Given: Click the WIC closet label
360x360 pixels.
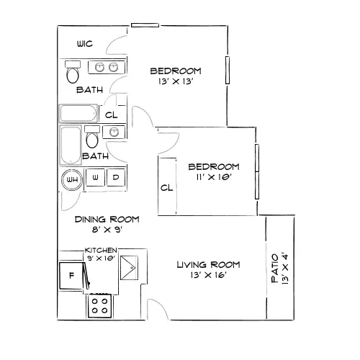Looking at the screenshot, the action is [85, 44].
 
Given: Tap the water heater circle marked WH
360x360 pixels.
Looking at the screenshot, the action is [72, 180].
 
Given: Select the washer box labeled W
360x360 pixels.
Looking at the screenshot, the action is [95, 177].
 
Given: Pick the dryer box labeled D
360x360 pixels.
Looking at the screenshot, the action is [116, 177].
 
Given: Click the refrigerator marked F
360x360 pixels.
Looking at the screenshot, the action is [71, 276].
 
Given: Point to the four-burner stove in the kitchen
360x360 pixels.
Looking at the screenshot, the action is [99, 306].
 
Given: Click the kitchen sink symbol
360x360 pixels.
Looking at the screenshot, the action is [129, 268].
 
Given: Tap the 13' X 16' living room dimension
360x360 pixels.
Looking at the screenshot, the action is [208, 275].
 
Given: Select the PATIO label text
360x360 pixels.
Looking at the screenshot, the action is [275, 269].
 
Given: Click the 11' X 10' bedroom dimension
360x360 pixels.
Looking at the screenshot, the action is [213, 177].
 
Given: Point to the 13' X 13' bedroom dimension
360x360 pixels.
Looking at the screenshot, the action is [176, 81].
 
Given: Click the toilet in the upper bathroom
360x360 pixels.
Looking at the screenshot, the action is [73, 72].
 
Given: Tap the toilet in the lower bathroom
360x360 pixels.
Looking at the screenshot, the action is [92, 137].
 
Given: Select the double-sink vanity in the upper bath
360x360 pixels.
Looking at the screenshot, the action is [107, 67].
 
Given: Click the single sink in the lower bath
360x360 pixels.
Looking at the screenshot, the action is [114, 132].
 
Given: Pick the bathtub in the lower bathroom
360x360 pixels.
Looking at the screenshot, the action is [71, 145].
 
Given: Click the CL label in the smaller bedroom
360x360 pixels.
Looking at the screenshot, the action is [166, 188].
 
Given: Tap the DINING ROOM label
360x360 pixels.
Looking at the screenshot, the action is [107, 220].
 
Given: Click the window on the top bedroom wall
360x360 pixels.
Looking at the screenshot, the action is [145, 25].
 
